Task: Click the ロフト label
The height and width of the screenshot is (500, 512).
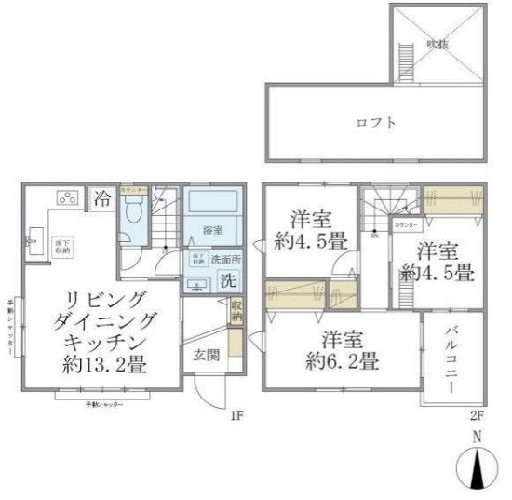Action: [376, 122]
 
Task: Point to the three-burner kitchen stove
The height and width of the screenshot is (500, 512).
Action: [68, 197]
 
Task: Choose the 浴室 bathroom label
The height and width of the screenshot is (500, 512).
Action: [212, 229]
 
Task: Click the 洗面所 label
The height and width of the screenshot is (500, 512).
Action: [226, 258]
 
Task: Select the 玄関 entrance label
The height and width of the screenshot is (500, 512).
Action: [207, 354]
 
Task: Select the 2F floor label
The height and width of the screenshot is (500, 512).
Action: [477, 416]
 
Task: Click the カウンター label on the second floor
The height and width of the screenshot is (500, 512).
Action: [405, 225]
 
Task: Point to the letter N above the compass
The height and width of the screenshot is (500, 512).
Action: [477, 436]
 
